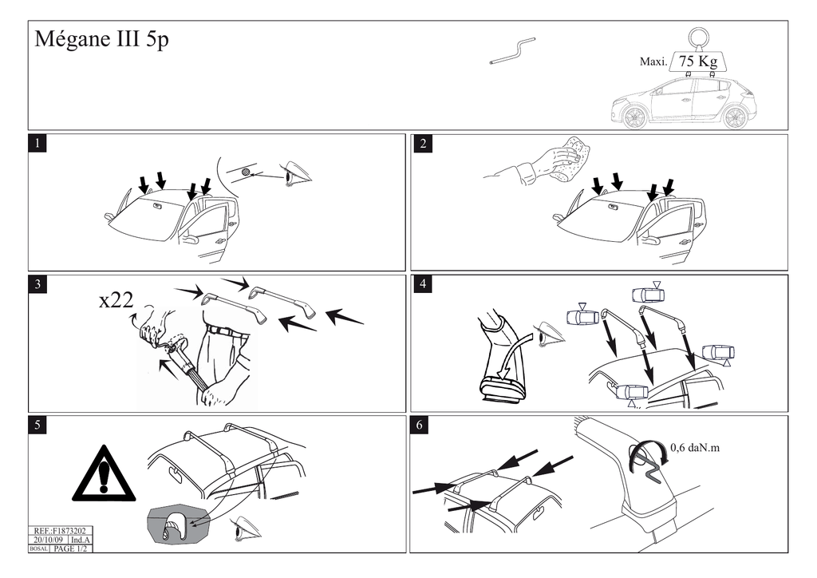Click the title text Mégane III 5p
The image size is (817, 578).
(x=101, y=40)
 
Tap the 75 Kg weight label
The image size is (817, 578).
(x=698, y=61)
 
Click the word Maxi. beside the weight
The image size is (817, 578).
(x=653, y=61)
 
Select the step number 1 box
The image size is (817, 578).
(x=37, y=144)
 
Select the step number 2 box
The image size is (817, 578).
(x=423, y=144)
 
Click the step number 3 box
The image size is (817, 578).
(x=37, y=284)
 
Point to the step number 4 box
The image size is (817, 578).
(x=423, y=284)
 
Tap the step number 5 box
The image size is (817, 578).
(x=37, y=425)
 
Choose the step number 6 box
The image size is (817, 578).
(x=420, y=425)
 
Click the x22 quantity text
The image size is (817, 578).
(x=116, y=299)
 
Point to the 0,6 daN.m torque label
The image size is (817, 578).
(x=695, y=447)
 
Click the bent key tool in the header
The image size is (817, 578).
(x=512, y=50)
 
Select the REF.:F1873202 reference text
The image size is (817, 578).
(x=60, y=531)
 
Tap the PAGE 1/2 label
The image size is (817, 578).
(x=70, y=548)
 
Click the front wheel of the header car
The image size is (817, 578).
(x=633, y=117)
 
